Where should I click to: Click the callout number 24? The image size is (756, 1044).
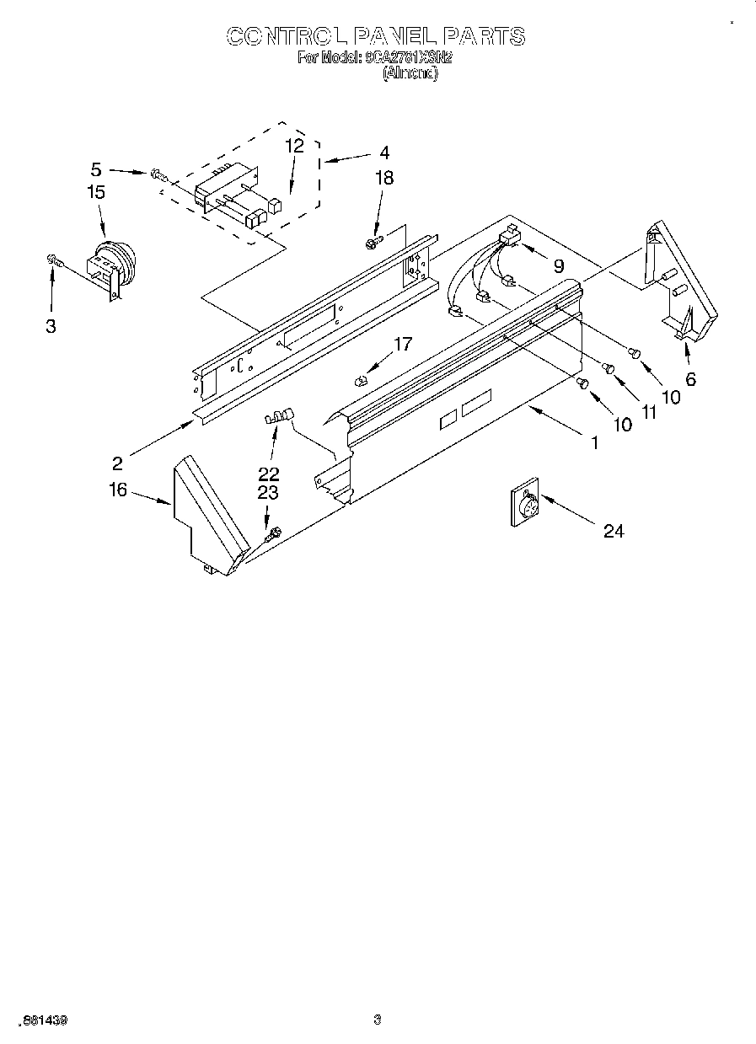point(614,532)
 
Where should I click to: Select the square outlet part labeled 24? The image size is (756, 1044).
point(526,505)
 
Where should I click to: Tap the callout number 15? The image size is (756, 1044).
point(96,192)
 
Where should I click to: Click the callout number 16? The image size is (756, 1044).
point(118,489)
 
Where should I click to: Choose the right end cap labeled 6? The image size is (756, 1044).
point(678,282)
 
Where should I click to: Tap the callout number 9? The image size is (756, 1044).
point(558,265)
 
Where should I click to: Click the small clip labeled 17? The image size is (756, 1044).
point(362,378)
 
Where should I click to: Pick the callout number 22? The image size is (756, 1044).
point(268,474)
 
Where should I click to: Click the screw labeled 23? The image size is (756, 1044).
point(273,533)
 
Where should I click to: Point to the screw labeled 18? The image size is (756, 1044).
point(372,244)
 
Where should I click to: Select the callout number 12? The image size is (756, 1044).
point(293,145)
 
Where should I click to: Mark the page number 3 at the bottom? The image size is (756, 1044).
point(378,1020)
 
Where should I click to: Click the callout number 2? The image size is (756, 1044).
point(118,463)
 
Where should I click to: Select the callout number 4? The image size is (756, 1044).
point(384,153)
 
